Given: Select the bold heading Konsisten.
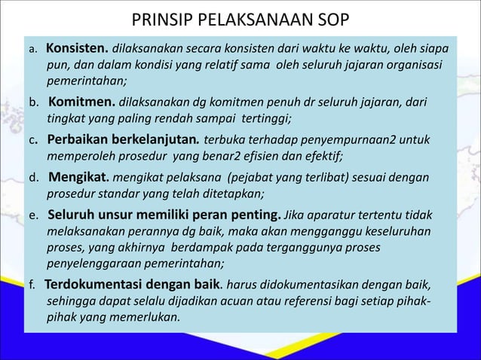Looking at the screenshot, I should pyautogui.click(x=78, y=48).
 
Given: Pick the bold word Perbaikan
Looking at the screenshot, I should pyautogui.click(x=80, y=140).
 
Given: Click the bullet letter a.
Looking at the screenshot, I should pyautogui.click(x=32, y=50).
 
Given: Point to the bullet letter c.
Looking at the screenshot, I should pyautogui.click(x=34, y=141).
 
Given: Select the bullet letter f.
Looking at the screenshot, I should pyautogui.click(x=32, y=286).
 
